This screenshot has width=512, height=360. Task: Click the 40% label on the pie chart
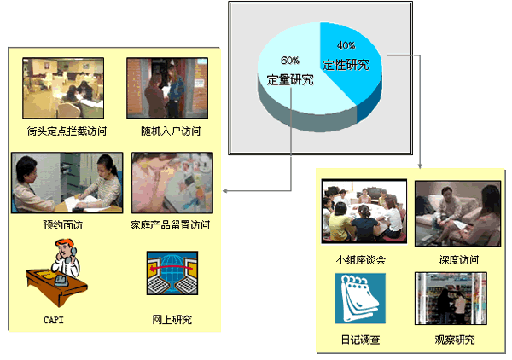pos(346,45)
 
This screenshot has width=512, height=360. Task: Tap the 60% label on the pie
pos(290,61)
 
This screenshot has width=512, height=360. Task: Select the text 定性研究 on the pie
pos(346,65)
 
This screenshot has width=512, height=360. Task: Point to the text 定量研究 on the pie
pos(290,79)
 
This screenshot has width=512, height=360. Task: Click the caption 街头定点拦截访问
pos(67,131)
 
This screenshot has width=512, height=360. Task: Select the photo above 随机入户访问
pos(167,88)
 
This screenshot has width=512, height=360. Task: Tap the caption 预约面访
pos(62,225)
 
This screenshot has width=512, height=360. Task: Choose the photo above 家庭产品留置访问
pos(172,183)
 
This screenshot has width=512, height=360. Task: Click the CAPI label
pos(53,320)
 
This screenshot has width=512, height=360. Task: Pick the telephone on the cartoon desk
pos(61,280)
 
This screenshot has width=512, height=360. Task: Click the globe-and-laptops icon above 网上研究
pos(172,273)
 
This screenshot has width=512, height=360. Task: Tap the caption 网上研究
pos(172,320)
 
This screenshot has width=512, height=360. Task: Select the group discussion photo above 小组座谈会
pos(364,212)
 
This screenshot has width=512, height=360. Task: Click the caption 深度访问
pos(459,260)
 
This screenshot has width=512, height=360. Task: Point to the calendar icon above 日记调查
pos(360,299)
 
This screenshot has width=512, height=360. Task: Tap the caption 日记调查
pos(360,340)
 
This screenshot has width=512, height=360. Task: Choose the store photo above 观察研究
pos(451,299)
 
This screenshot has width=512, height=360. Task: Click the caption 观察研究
pos(455,340)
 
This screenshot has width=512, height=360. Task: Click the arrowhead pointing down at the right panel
pos(420,166)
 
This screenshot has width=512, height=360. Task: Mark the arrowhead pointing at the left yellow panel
pos(225,190)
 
